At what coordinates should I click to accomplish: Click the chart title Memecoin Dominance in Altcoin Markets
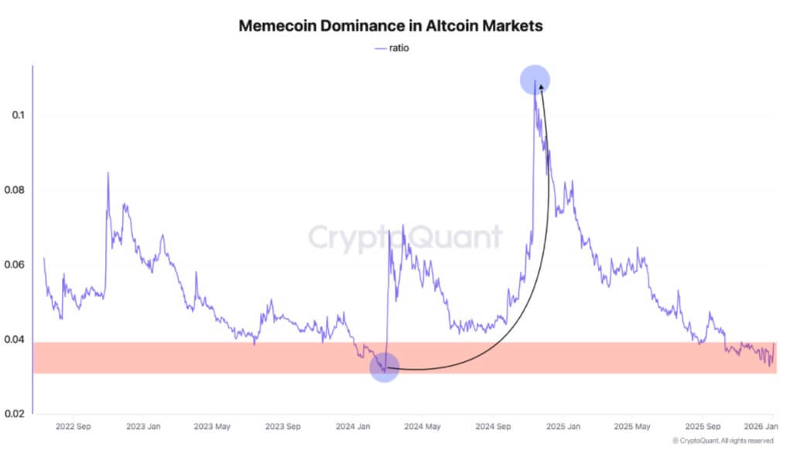coord(391,26)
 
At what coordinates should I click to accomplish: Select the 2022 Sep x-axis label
coord(75,426)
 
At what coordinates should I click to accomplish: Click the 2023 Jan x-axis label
coord(144,426)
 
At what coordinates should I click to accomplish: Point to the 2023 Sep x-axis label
coord(282,426)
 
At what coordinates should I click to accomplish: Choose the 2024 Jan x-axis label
coord(353,426)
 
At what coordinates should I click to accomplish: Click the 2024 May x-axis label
coord(422,426)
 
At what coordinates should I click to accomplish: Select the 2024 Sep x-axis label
coord(492,426)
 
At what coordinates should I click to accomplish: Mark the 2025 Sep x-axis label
coord(701,426)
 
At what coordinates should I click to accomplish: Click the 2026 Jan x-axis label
coord(760,426)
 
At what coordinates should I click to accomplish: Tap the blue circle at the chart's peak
coord(535,80)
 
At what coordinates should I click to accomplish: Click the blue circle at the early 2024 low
coord(385,367)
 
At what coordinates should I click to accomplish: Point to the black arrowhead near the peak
coord(541,89)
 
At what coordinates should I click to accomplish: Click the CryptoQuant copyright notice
coord(723,441)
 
